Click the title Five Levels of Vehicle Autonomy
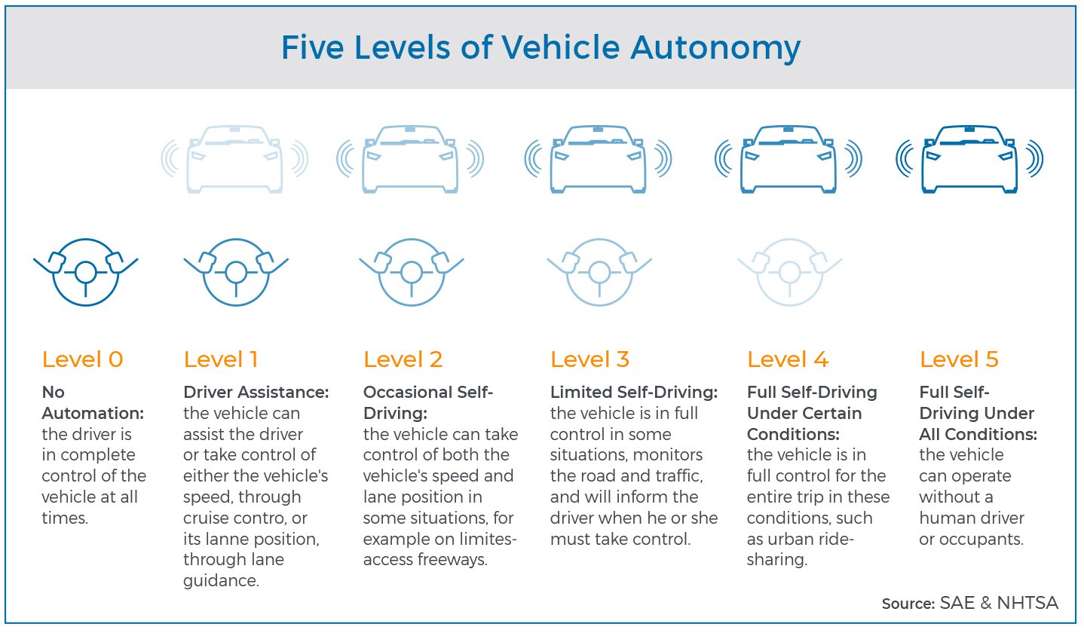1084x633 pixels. tap(540, 48)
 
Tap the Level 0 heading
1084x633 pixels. tap(83, 359)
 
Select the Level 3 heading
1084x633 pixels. tap(590, 359)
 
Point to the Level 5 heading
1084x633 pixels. tap(959, 359)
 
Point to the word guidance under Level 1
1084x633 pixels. tap(221, 581)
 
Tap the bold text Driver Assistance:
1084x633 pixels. tap(256, 392)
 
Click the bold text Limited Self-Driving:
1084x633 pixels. tap(634, 392)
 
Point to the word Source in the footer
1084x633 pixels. tap(908, 604)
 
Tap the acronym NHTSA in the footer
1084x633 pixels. tap(1028, 603)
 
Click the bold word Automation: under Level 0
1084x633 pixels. tap(93, 413)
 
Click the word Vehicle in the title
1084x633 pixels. tap(560, 48)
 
